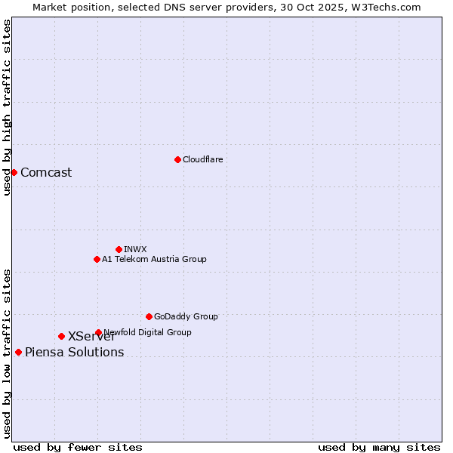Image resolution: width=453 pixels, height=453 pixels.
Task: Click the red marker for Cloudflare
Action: tap(177, 159)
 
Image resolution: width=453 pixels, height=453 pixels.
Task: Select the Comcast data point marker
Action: tap(14, 172)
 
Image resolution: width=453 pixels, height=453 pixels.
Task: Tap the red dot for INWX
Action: tap(119, 249)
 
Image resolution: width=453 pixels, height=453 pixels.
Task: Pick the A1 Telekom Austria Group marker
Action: tap(97, 259)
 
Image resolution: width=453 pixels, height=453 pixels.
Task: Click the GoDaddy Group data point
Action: tap(149, 316)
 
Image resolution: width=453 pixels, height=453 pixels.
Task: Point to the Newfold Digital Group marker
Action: tap(98, 332)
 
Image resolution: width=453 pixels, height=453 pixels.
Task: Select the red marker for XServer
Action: tap(61, 336)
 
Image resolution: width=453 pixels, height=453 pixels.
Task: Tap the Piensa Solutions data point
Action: tap(18, 352)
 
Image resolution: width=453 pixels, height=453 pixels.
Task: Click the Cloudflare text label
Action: tap(202, 159)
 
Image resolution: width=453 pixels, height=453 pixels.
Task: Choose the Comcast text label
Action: tap(46, 172)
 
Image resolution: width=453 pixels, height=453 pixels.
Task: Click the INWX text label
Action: tap(135, 249)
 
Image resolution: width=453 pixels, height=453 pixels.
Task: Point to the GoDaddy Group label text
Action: tap(186, 316)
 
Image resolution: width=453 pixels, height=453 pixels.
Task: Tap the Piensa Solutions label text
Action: tap(74, 352)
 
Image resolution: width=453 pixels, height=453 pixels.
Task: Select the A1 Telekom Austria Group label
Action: tap(154, 259)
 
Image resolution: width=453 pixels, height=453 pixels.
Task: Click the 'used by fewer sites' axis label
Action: tap(78, 447)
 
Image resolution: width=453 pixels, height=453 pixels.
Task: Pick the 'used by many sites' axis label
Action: tap(379, 447)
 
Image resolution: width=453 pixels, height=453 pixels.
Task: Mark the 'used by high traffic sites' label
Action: tap(7, 107)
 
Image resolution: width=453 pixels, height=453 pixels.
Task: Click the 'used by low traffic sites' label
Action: tap(7, 353)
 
